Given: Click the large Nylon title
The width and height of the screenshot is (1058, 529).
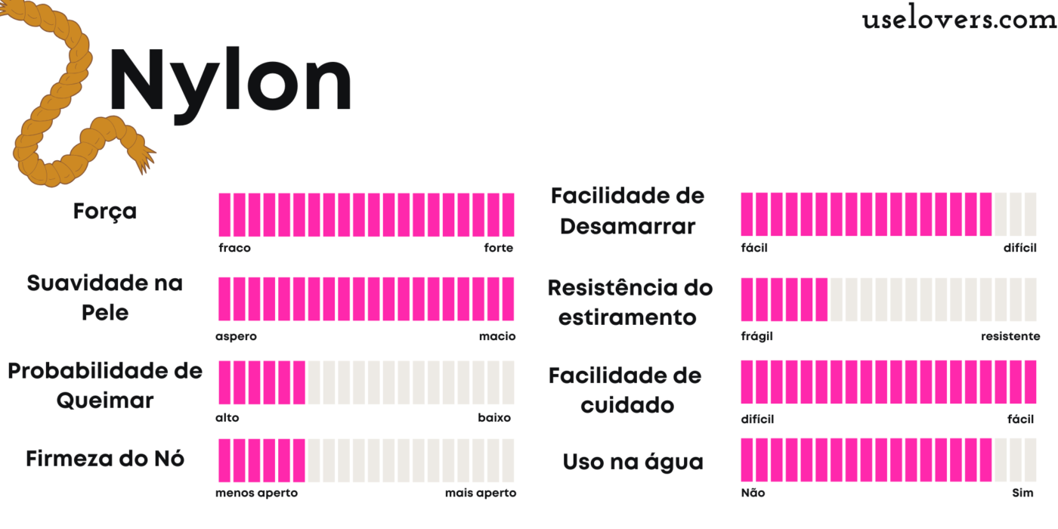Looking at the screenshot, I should coord(230,82).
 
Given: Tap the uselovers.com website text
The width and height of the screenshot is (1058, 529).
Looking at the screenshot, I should coord(959,20).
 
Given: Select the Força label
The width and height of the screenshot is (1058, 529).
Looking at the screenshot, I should coord(105,212).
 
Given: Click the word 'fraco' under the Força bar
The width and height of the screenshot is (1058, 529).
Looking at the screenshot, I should coord(234,248).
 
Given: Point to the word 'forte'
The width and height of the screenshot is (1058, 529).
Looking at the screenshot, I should coord(499,248).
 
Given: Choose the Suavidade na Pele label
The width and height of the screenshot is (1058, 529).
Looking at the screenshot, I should coord(105,298).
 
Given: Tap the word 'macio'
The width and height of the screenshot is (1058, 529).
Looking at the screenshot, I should coord(497,336).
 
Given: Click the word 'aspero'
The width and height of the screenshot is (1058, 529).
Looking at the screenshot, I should coord(237,336).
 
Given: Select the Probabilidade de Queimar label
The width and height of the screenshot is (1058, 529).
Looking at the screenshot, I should coord(105,385).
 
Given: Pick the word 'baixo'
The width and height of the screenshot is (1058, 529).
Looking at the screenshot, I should coord(494,418).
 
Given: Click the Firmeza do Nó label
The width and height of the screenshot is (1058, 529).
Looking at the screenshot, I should coord(105,459).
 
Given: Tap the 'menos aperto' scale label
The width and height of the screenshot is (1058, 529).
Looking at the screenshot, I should coord(256,493).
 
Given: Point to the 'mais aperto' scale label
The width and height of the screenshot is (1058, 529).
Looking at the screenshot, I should coord(481,493).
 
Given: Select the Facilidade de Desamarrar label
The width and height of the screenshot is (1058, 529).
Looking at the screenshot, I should coord(627,211).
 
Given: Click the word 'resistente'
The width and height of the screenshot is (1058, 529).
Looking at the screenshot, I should coord(1010,336).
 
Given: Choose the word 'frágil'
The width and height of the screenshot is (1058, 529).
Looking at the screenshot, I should coord(756,336).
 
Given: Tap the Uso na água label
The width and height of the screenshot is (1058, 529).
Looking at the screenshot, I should coord(633,462).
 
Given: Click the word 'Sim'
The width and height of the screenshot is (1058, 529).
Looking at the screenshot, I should coord(1022,493).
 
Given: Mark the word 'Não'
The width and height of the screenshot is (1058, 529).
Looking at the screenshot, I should coord(753,493).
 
